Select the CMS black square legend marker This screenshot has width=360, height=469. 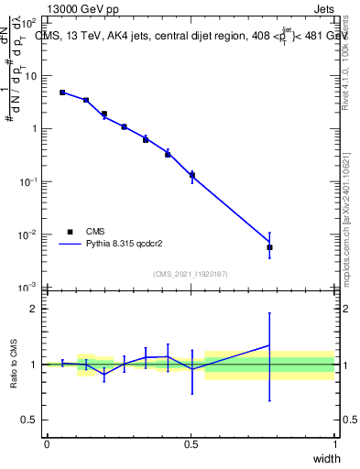(x=70, y=232)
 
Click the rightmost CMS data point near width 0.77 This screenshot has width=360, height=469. (x=269, y=247)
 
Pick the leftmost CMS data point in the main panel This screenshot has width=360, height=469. (x=62, y=93)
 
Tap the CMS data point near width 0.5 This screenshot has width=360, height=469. (x=191, y=175)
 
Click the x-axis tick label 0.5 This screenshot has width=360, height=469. (x=191, y=443)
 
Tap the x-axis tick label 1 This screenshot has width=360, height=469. (x=335, y=443)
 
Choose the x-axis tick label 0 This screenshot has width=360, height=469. (x=47, y=443)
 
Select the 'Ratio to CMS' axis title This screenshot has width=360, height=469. (x=14, y=365)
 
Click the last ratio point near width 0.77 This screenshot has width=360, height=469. (x=269, y=345)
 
